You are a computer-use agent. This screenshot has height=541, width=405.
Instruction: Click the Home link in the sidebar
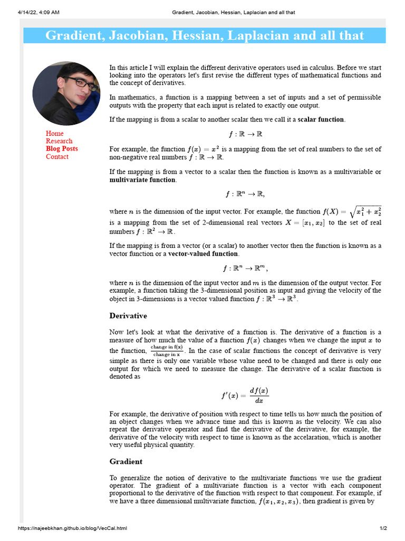pos(54,134)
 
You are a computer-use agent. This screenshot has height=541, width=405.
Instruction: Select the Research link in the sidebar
pos(59,141)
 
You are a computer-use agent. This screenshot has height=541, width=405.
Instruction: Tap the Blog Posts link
pos(62,149)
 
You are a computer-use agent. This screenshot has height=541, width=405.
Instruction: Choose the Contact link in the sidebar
pos(57,157)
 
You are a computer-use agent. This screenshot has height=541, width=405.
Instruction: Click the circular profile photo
pos(66,94)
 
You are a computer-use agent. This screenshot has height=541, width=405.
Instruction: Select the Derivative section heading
pos(128,316)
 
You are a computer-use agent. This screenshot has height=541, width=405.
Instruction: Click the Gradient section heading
pos(126,462)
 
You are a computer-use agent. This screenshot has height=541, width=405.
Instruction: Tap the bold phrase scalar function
pos(321,119)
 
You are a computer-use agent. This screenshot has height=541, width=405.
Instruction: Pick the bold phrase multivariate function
pos(142,180)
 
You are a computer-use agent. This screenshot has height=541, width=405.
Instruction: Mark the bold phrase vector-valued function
pos(203,254)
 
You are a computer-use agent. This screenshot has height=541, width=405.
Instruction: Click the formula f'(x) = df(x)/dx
pos(245,395)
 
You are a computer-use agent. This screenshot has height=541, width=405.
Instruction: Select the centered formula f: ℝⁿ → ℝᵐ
pos(245,268)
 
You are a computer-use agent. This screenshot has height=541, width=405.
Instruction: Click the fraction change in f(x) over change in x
pos(167,350)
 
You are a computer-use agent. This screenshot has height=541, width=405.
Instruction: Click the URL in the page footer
pos(72,528)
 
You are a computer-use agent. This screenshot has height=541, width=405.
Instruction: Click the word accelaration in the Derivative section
pos(287,437)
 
